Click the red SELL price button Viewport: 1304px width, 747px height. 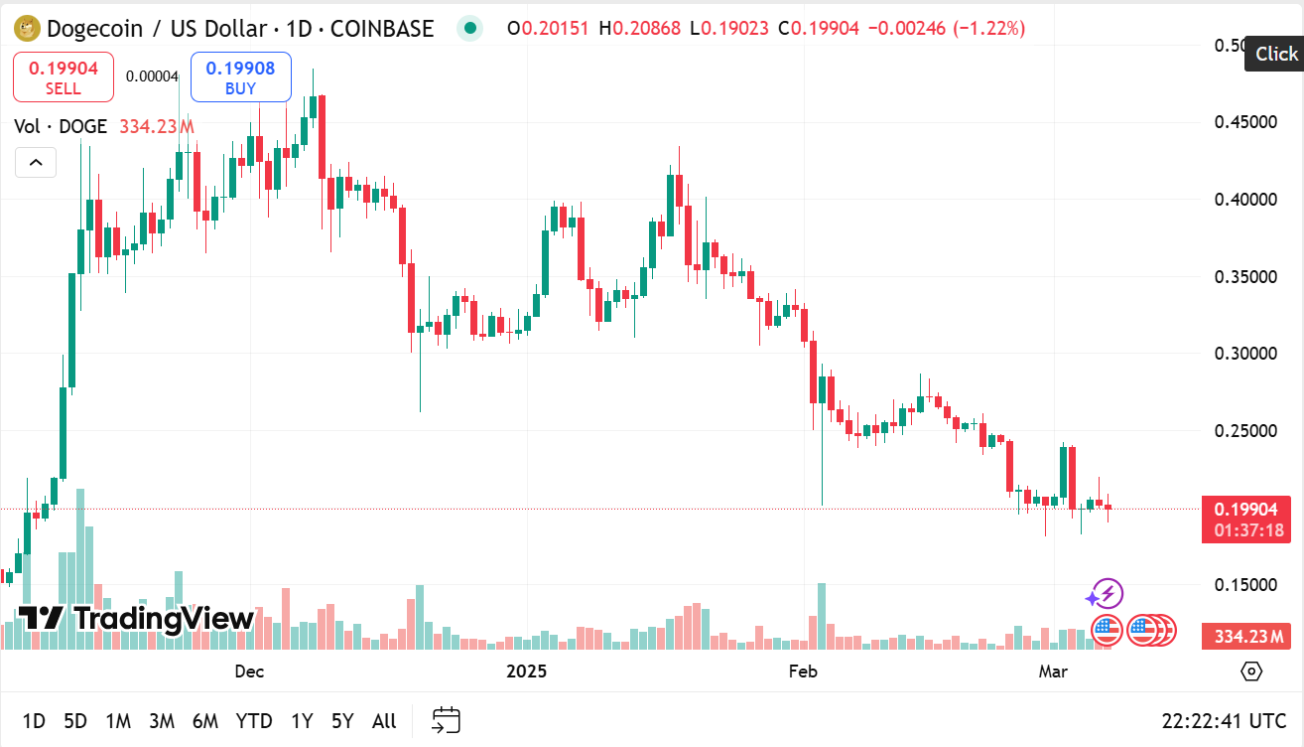click(64, 77)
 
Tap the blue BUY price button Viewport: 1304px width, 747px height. click(240, 77)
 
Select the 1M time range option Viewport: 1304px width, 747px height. click(118, 721)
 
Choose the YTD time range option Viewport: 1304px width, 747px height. click(254, 721)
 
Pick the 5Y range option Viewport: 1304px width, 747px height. click(342, 721)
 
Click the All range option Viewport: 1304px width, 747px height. click(384, 721)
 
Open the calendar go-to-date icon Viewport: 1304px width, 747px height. click(447, 720)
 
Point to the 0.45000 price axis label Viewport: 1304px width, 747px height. click(1245, 122)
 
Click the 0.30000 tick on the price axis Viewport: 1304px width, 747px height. click(1245, 354)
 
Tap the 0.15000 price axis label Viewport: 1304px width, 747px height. click(1245, 585)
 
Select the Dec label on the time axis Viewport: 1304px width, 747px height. click(249, 672)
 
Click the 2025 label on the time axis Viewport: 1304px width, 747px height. click(527, 672)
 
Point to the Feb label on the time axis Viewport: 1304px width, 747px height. click(802, 672)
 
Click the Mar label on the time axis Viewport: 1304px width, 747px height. click(1053, 672)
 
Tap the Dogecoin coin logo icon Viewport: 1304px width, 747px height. click(26, 28)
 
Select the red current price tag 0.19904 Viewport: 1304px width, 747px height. click(1246, 510)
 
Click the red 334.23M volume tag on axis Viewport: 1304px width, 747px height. click(1246, 636)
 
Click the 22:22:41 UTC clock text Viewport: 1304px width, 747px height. click(1225, 721)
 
